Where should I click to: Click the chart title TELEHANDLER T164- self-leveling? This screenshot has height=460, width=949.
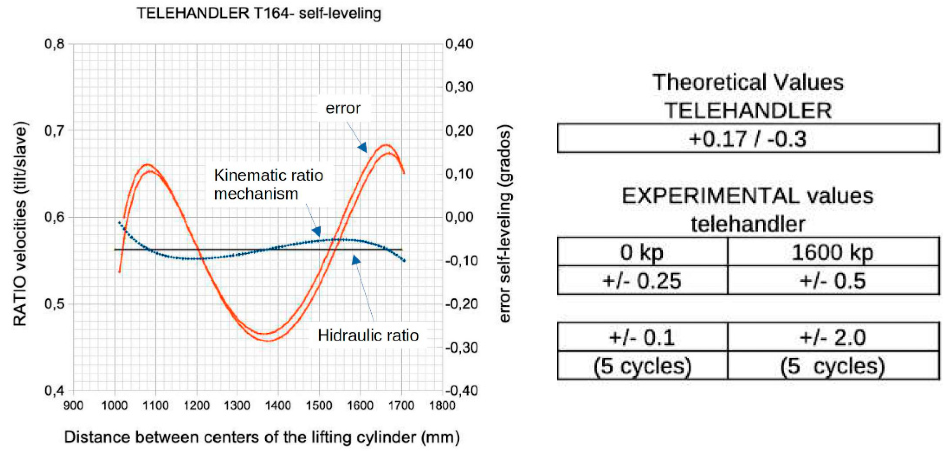(x=259, y=14)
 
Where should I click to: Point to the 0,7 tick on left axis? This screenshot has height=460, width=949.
(x=54, y=130)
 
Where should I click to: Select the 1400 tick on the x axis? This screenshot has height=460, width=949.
(x=278, y=406)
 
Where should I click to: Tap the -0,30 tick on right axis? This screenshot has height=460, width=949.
(x=461, y=347)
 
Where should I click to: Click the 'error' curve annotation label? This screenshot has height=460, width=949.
(x=342, y=108)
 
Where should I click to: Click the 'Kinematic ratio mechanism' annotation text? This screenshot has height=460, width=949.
(x=268, y=184)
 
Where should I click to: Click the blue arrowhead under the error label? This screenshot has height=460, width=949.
(x=363, y=147)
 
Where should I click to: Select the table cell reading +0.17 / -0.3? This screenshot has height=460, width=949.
(x=747, y=139)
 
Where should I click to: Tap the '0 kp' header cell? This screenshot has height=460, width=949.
(x=642, y=252)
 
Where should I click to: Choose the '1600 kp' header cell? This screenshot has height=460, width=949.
(x=833, y=252)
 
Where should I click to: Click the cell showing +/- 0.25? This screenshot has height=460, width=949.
(x=642, y=281)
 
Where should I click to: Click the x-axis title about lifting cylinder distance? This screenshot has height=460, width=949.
(x=262, y=437)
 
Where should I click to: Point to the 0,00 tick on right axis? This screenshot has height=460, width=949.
(x=460, y=217)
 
